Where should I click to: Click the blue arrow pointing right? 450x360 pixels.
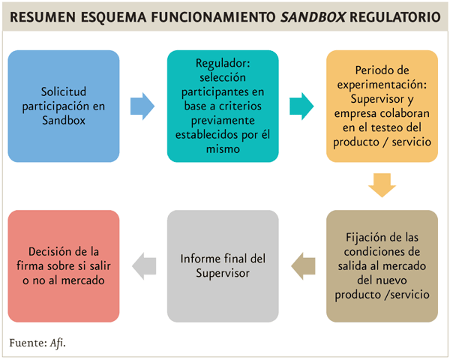pyautogui.click(x=142, y=106)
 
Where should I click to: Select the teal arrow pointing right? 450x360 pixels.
pyautogui.click(x=301, y=106)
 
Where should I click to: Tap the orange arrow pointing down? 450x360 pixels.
pyautogui.click(x=382, y=185)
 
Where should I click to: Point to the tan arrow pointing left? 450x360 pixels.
pyautogui.click(x=303, y=266)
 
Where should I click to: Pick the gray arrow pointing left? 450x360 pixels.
pyautogui.click(x=144, y=266)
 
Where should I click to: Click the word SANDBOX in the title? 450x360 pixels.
pyautogui.click(x=313, y=17)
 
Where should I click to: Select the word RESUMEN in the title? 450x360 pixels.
pyautogui.click(x=43, y=17)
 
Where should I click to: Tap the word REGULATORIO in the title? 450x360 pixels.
pyautogui.click(x=395, y=17)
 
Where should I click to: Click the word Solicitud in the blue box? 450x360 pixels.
pyautogui.click(x=64, y=91)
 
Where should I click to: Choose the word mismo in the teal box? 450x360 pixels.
pyautogui.click(x=223, y=149)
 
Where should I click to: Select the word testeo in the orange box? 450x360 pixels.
pyautogui.click(x=385, y=127)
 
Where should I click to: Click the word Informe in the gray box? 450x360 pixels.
pyautogui.click(x=196, y=259)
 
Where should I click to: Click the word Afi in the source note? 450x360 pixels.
pyautogui.click(x=57, y=343)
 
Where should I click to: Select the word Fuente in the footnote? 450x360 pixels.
pyautogui.click(x=28, y=343)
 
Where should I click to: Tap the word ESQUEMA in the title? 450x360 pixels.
pyautogui.click(x=114, y=17)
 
